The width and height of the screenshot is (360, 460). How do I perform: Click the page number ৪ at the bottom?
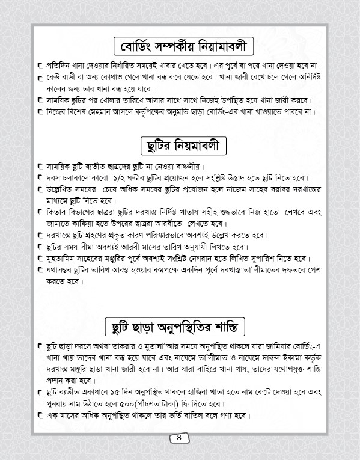[x=180, y=438]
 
